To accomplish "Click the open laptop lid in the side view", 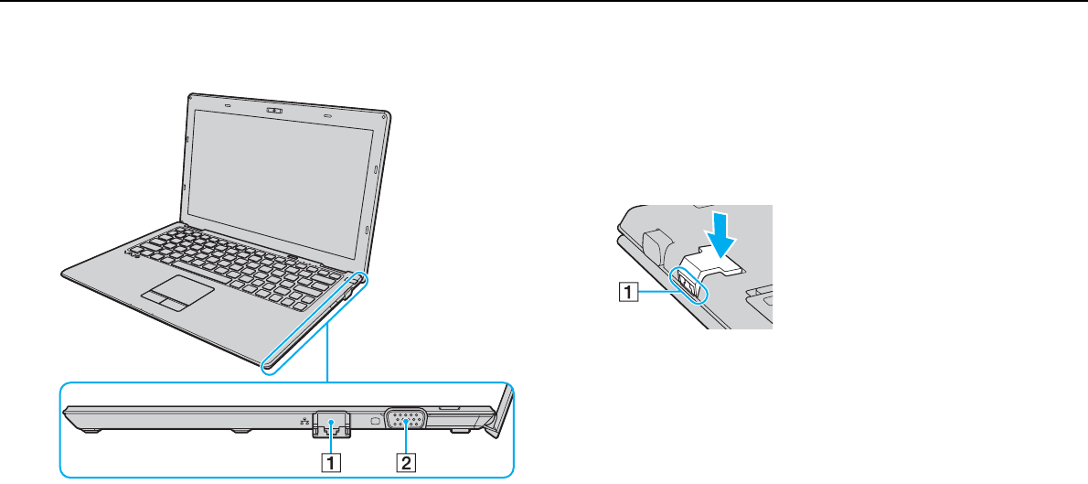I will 499,406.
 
